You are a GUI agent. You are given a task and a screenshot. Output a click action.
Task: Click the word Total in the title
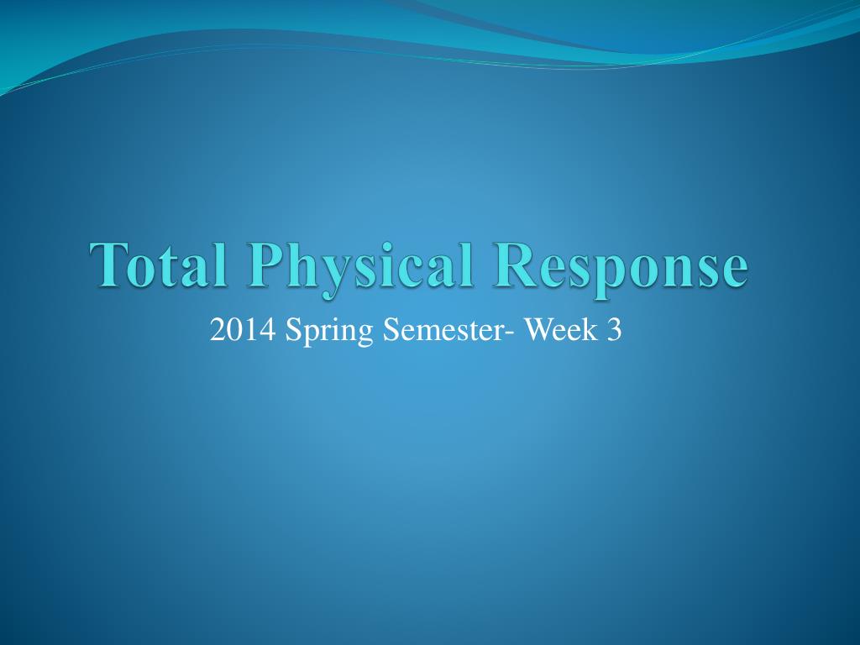160,265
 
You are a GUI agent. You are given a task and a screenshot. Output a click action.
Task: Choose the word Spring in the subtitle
330,334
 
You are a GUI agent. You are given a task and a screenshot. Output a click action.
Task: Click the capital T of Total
110,265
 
